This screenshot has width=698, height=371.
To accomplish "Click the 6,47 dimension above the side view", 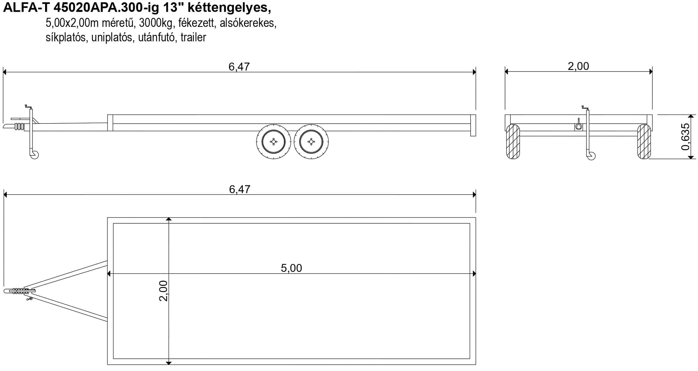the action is pyautogui.click(x=239, y=67).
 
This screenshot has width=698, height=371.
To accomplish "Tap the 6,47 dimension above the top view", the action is pyautogui.click(x=240, y=189).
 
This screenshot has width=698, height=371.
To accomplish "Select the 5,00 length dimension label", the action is pyautogui.click(x=291, y=268).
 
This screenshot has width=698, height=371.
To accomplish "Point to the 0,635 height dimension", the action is pyautogui.click(x=685, y=137).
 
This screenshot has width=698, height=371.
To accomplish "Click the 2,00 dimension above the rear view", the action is pyautogui.click(x=578, y=66).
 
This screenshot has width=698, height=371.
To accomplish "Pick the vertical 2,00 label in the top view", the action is pyautogui.click(x=163, y=291).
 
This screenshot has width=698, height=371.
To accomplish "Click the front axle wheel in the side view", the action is pyautogui.click(x=274, y=142).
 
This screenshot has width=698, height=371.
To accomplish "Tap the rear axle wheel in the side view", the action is pyautogui.click(x=311, y=142).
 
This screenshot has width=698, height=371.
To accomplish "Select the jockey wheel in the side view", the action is pyautogui.click(x=34, y=155).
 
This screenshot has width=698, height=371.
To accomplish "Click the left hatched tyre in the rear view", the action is pyautogui.click(x=513, y=142).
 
